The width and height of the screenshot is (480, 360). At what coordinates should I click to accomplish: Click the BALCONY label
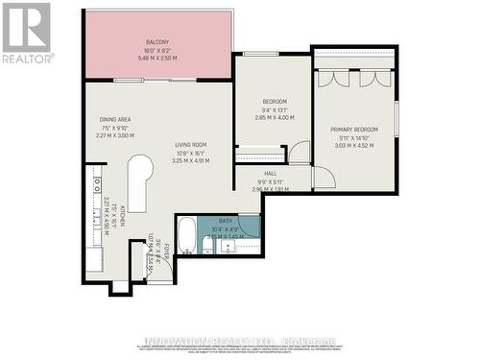tap(157, 42)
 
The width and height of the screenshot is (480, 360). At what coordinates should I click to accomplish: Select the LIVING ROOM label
tap(190, 145)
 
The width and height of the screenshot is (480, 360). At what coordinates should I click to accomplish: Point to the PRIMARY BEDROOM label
tap(353, 130)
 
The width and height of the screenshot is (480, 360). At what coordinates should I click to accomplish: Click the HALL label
tap(271, 174)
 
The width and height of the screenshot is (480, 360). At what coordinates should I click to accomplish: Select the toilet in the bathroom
tap(207, 247)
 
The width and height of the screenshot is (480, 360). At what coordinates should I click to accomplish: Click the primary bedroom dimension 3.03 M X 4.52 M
tap(353, 147)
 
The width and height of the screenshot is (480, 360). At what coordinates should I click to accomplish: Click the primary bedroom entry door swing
tap(324, 177)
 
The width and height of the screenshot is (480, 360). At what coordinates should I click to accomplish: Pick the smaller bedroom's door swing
tap(300, 153)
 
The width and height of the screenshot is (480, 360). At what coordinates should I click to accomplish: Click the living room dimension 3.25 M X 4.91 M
tap(190, 161)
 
